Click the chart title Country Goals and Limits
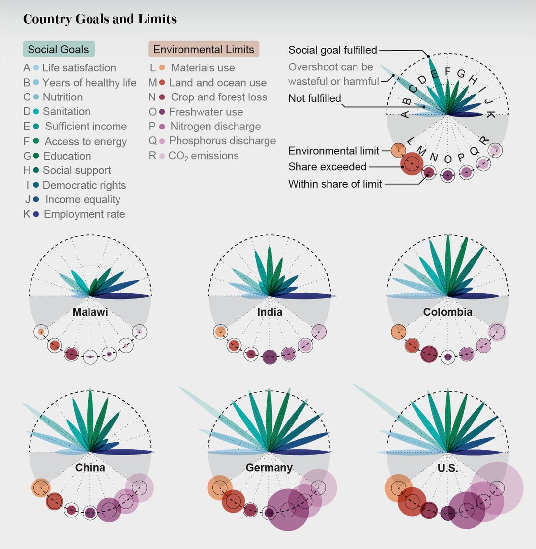100,20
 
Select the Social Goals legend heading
58,49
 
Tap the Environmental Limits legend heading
204,49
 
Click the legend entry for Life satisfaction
79,68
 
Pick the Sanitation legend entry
66,112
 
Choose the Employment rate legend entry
84,214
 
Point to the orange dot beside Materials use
162,68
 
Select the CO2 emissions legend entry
203,156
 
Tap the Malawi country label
90,312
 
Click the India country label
269,312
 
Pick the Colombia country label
447,312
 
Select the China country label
90,468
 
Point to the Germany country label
269,468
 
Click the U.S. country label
447,468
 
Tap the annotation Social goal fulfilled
332,50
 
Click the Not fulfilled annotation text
315,98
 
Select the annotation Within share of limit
335,184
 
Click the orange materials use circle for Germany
219,488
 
